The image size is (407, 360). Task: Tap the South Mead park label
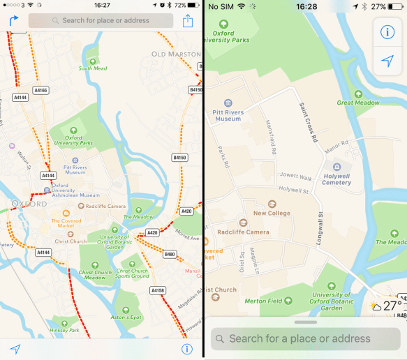point(93,68)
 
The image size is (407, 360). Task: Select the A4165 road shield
point(41,90)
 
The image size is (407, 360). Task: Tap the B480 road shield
point(169,254)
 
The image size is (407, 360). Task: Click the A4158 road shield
point(158,290)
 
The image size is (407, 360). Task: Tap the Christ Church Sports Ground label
point(133,273)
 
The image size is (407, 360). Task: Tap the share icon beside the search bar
point(187,20)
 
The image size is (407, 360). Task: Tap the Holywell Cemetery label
point(336,179)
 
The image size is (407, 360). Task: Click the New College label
point(272,213)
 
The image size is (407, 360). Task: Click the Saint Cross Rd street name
point(307,123)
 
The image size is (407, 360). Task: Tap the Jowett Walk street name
point(297,177)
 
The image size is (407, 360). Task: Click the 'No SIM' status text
point(221,6)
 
